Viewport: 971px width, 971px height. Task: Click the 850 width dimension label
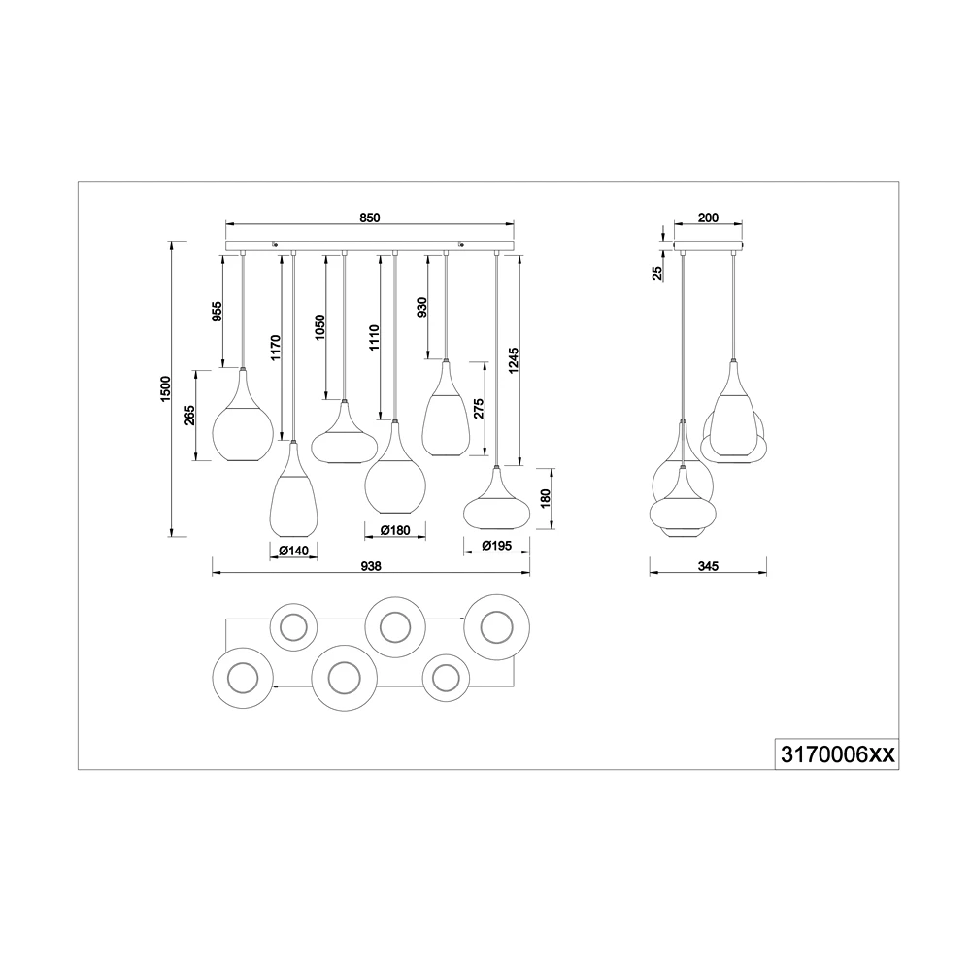coord(369,218)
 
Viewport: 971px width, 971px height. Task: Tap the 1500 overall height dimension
coord(165,389)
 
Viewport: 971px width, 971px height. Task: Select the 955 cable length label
coord(218,312)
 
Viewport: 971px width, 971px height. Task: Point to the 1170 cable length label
coord(276,348)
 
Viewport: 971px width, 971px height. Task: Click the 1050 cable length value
coord(319,327)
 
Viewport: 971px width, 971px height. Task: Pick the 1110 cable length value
coord(374,338)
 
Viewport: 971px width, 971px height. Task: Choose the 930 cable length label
coord(421,308)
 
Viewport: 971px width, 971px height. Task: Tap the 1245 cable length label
coord(514,361)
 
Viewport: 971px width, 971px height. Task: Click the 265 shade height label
coord(189,415)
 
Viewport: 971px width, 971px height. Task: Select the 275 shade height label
coord(478,410)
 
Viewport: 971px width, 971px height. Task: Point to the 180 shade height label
coord(545,498)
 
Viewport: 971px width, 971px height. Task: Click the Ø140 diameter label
coord(293,551)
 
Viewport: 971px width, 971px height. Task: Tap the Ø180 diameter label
coord(395,531)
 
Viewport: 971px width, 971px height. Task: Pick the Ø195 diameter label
coord(496,546)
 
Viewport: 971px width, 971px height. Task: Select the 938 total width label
coord(371,566)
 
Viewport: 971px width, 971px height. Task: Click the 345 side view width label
coord(708,566)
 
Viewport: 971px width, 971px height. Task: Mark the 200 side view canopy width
coord(708,218)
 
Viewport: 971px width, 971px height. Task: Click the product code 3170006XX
coord(837,754)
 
